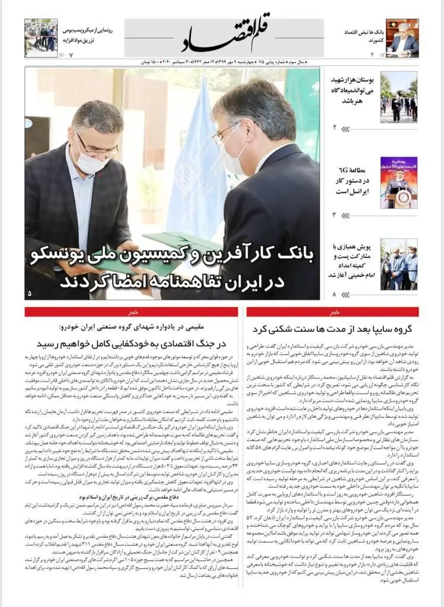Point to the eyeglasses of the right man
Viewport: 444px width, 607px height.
(228, 133)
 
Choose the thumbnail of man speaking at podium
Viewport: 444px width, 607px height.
(398, 182)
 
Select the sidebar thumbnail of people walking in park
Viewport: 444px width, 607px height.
(398, 97)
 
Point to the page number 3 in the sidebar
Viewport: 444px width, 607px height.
(334, 215)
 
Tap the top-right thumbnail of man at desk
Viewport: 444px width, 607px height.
(403, 37)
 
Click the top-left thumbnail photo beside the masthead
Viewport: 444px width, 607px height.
(41, 38)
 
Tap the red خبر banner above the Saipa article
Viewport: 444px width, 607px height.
(333, 312)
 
